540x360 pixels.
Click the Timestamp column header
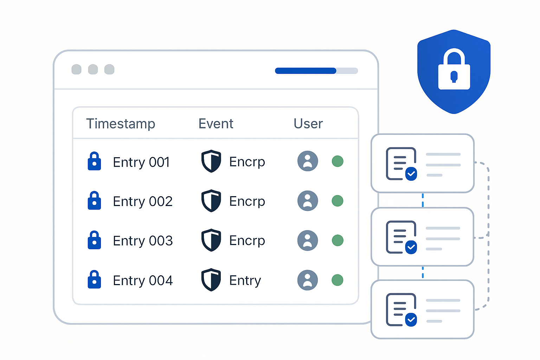(121, 124)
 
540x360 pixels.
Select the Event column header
(216, 124)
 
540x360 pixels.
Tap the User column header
(308, 124)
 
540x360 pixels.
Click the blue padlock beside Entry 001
(94, 161)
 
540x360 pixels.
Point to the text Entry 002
(143, 201)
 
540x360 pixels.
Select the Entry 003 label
(143, 240)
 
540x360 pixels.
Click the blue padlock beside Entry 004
(94, 279)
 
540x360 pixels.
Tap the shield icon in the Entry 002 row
(211, 201)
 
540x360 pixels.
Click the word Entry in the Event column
(245, 281)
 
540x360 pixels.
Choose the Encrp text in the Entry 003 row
(247, 240)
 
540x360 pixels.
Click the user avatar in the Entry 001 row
(308, 161)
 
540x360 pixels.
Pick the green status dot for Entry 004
(337, 280)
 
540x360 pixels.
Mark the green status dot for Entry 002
(337, 201)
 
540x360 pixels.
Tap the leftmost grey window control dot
(76, 70)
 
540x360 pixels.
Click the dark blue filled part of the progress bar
(306, 71)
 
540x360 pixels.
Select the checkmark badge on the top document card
(411, 174)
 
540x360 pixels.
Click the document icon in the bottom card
(401, 310)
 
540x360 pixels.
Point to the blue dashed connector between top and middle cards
(423, 200)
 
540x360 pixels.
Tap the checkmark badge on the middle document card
(411, 247)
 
